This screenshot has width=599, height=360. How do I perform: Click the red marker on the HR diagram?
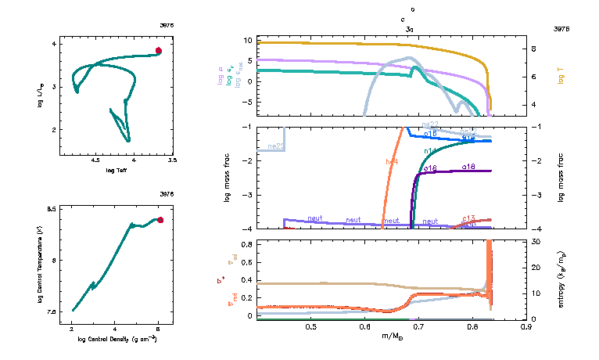[x=158, y=50]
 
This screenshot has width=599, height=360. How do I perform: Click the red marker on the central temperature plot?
[x=160, y=220]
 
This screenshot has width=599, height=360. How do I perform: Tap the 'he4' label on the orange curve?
[x=392, y=161]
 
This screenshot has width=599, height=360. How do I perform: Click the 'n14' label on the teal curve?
[x=429, y=150]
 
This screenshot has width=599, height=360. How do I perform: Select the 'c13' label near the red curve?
[x=469, y=218]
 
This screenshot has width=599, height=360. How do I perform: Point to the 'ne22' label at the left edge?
[x=274, y=146]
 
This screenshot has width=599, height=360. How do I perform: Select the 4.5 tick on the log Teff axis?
[x=96, y=160]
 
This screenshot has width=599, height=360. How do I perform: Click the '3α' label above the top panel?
[x=409, y=29]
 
